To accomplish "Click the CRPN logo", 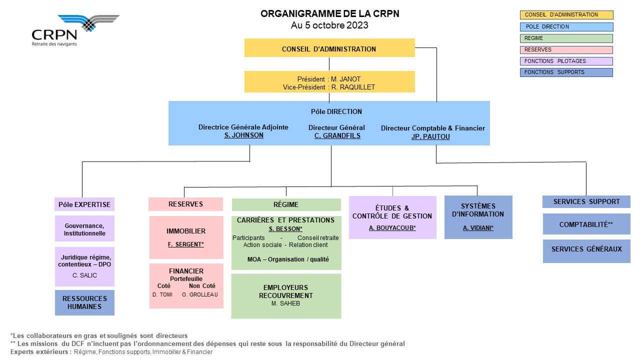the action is (x=75, y=30).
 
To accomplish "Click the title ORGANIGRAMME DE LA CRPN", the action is (x=329, y=13).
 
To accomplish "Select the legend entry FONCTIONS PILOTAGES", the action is (x=566, y=61).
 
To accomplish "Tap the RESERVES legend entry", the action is (x=566, y=49).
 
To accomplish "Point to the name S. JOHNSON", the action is (x=243, y=135).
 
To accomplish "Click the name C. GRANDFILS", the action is (x=337, y=135).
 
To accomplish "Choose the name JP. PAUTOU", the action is (x=430, y=136).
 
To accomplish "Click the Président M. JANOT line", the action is (x=329, y=79).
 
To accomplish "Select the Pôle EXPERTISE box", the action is (x=84, y=204).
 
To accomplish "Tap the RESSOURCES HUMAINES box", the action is (x=84, y=302).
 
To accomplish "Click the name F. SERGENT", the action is (x=185, y=244).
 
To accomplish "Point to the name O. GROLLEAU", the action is (x=199, y=294).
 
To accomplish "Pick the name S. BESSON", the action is (x=285, y=229).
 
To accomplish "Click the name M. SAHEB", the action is (x=285, y=303).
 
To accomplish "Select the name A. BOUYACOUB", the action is (x=392, y=227).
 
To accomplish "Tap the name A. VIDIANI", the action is (x=478, y=227).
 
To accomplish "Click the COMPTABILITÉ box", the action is (x=586, y=224).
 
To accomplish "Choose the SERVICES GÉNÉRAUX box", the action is (x=586, y=251).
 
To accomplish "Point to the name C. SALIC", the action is (x=84, y=275).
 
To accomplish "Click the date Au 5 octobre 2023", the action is (x=329, y=25).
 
